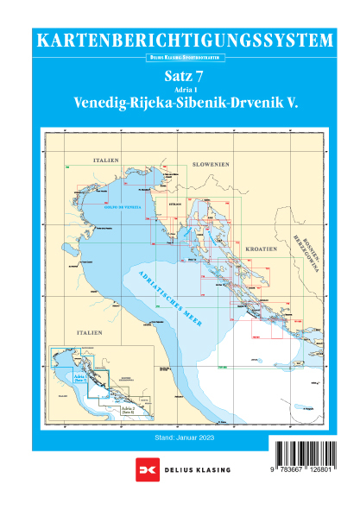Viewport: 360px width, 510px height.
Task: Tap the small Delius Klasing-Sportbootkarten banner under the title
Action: click(x=180, y=58)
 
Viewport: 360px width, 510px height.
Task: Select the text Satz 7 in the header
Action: click(x=180, y=77)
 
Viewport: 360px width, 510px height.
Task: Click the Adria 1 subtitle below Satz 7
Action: click(x=180, y=90)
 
